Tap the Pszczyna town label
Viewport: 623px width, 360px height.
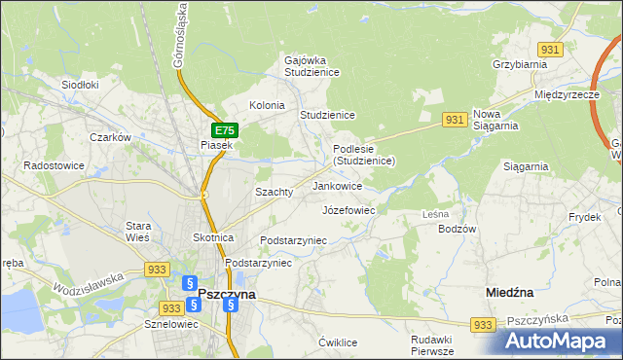[227, 293]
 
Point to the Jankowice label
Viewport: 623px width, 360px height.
[338, 185]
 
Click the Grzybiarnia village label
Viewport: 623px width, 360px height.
[520, 64]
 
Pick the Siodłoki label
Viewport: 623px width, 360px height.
[81, 85]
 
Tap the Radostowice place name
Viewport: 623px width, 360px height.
[55, 165]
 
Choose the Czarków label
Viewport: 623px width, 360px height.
[110, 138]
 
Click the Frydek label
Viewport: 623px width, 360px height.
[584, 217]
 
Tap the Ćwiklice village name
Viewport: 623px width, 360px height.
[339, 342]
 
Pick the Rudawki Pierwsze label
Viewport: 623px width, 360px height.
[433, 345]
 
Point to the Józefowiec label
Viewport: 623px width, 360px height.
[348, 209]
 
